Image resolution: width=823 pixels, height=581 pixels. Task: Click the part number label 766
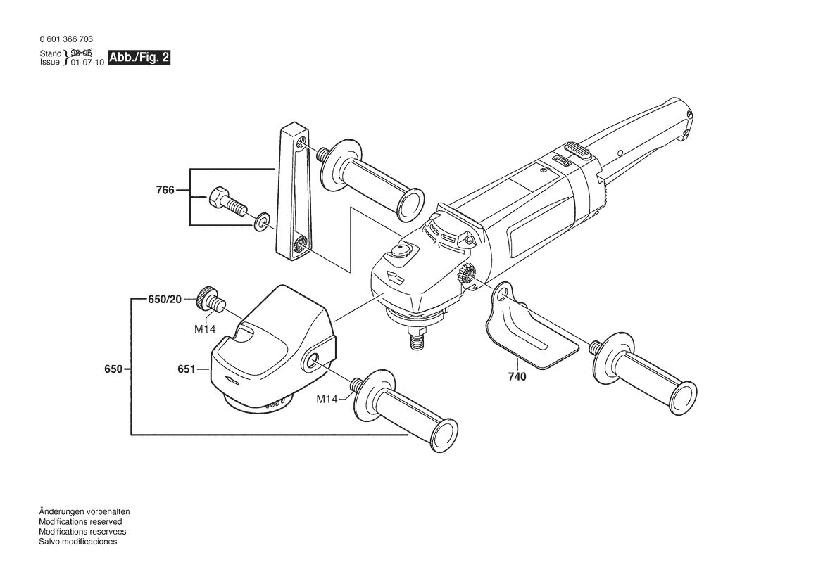pyautogui.click(x=165, y=190)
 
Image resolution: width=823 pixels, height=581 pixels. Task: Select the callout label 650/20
pyautogui.click(x=165, y=300)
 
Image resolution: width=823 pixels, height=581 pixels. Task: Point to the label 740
pyautogui.click(x=517, y=376)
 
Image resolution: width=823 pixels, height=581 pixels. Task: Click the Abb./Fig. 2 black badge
pyautogui.click(x=139, y=58)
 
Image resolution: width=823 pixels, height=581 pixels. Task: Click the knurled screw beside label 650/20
pyautogui.click(x=210, y=299)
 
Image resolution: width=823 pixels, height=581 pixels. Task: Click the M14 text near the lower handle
pyautogui.click(x=327, y=399)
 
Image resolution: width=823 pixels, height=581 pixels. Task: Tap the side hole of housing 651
pyautogui.click(x=311, y=362)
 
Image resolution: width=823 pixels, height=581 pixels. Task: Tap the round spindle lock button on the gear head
pyautogui.click(x=404, y=248)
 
